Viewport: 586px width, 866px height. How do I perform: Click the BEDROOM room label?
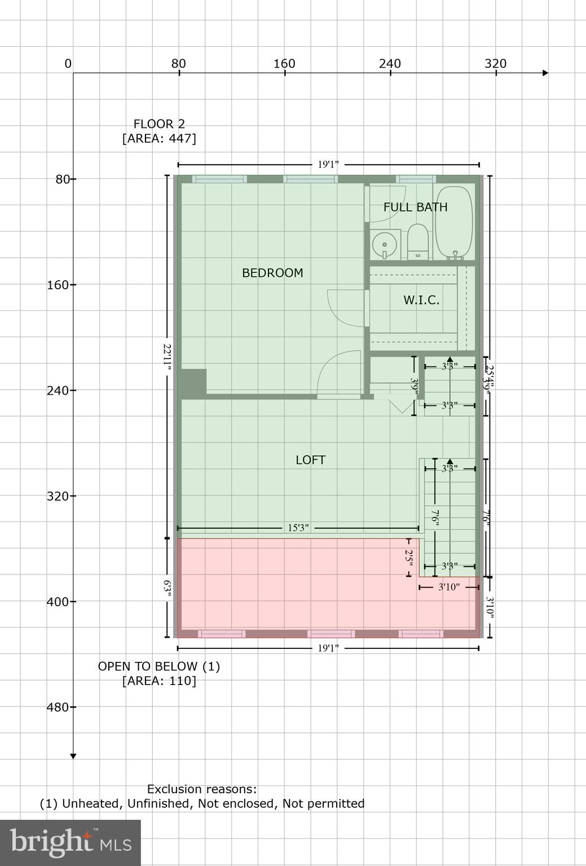click(x=272, y=273)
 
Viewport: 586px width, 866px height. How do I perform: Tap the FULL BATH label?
click(x=415, y=207)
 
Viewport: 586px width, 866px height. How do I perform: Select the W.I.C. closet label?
click(x=421, y=300)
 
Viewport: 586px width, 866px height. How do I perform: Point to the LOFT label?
click(x=310, y=460)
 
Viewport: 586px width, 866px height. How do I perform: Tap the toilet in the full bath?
click(x=418, y=242)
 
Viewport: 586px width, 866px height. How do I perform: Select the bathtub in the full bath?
click(x=455, y=223)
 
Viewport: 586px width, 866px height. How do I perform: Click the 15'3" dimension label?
click(x=298, y=528)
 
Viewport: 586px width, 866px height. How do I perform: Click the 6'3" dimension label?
click(x=167, y=588)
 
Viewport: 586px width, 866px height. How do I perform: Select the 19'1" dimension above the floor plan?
click(x=328, y=165)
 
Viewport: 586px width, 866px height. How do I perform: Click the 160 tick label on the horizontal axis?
click(x=284, y=64)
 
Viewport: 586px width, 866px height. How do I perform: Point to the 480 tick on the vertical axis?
click(x=57, y=707)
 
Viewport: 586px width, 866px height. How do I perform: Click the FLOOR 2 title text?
click(x=159, y=124)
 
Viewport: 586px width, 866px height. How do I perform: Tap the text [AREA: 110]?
click(x=159, y=681)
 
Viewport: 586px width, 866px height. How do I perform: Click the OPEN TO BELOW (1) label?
click(x=159, y=666)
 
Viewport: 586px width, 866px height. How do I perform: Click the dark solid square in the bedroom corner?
click(x=193, y=383)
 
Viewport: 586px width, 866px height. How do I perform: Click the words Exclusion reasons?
click(x=202, y=789)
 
